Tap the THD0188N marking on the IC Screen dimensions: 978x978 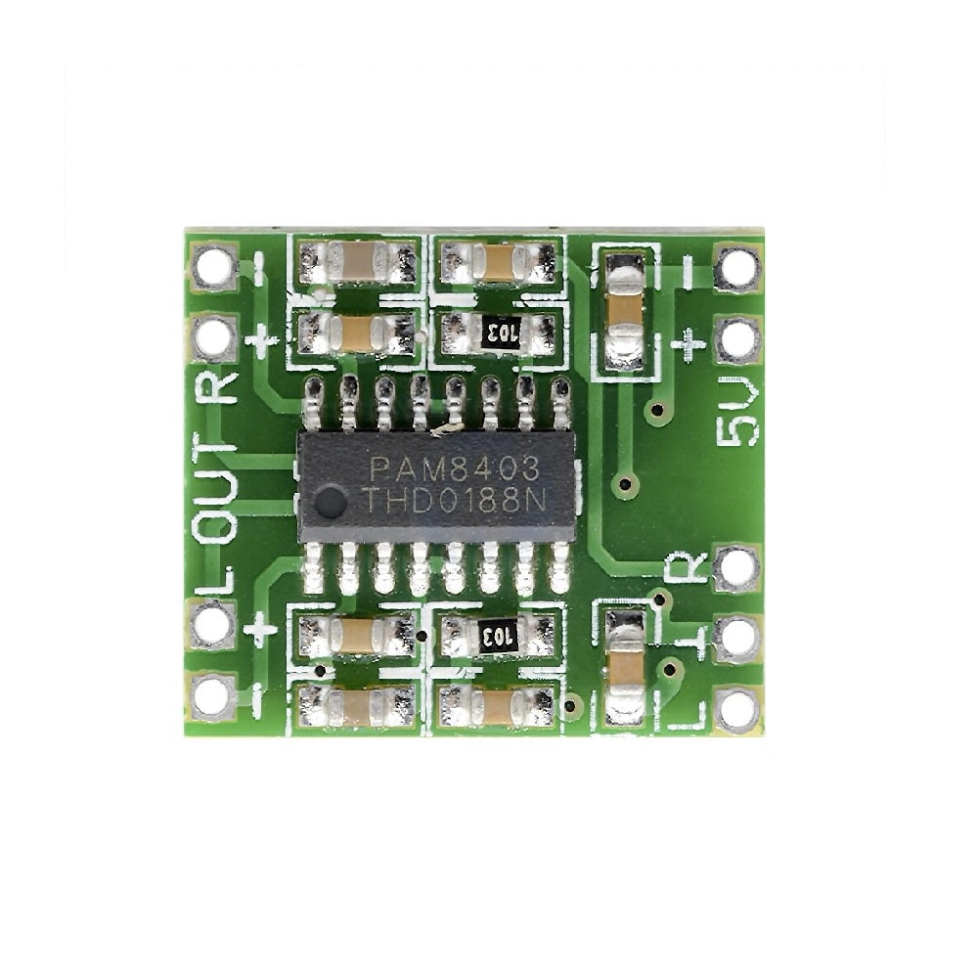(455, 500)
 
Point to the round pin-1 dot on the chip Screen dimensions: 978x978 (330, 503)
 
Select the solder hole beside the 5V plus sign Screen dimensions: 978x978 (738, 341)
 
